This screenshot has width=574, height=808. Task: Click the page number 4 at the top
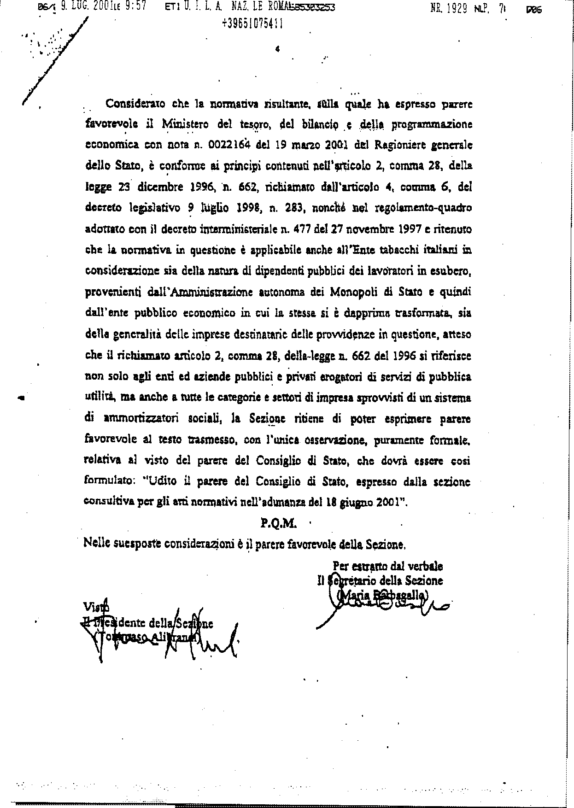[277, 50]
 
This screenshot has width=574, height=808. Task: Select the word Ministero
[185, 124]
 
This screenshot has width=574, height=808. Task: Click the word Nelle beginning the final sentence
[97, 544]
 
